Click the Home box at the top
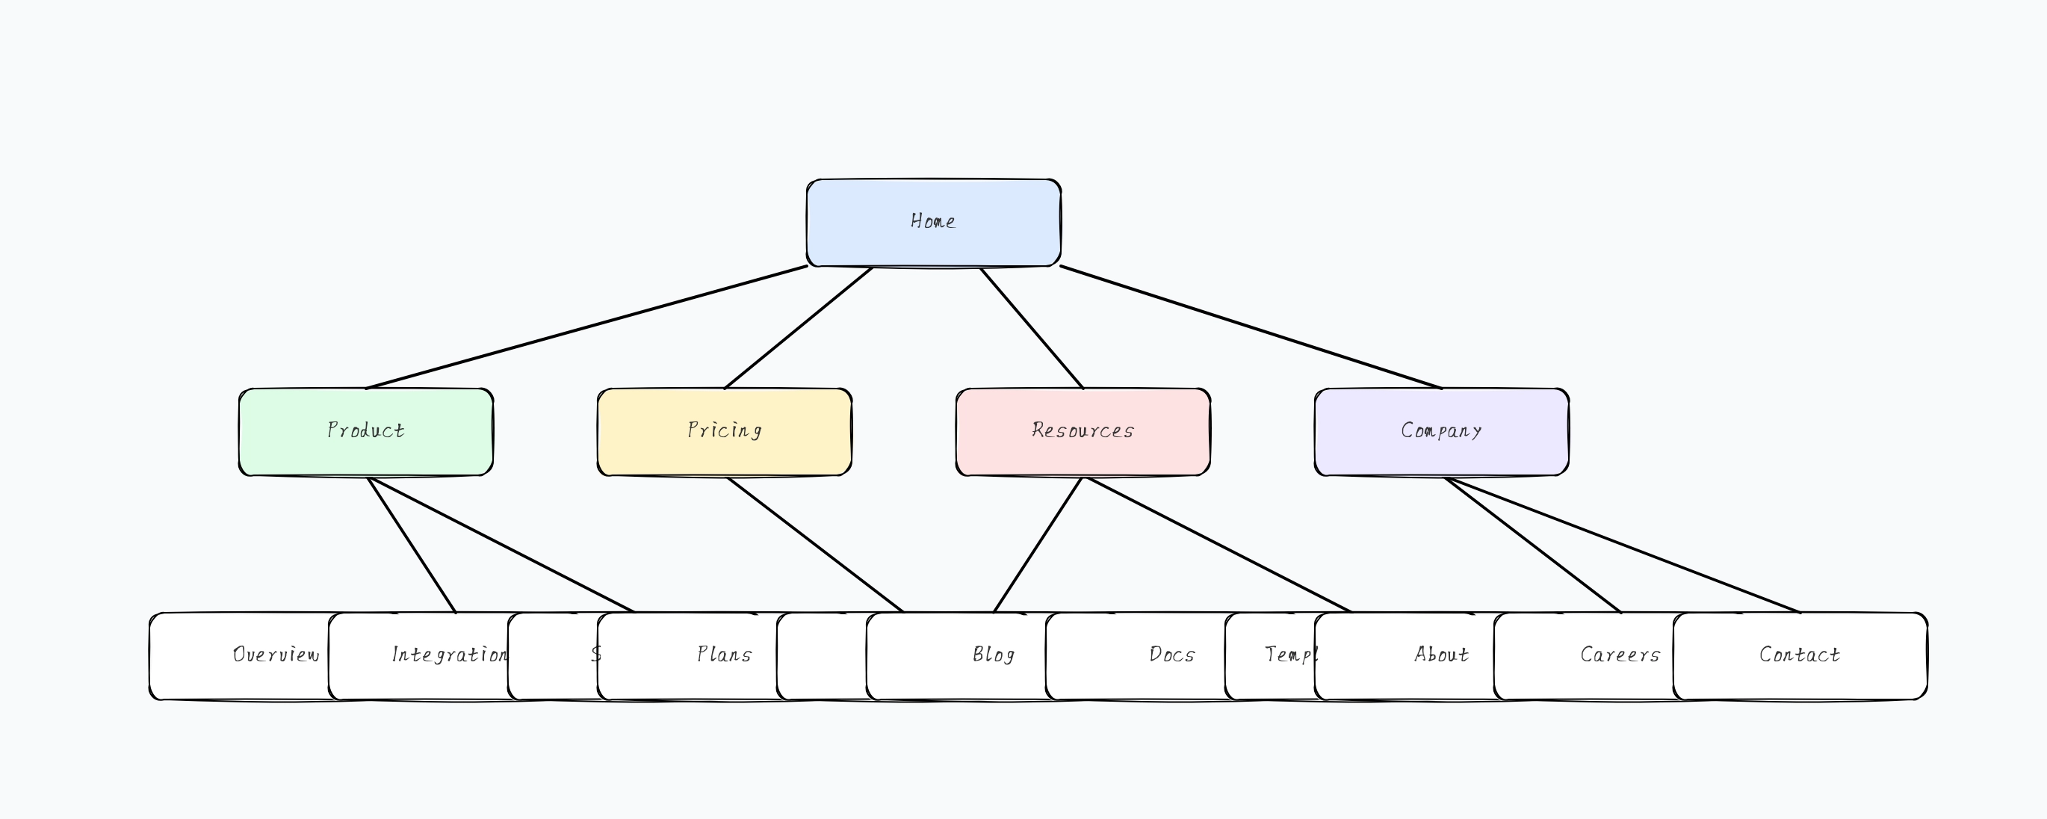click(x=933, y=222)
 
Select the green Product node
click(x=365, y=431)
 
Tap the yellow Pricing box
click(x=724, y=431)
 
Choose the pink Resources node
click(x=1083, y=431)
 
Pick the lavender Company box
click(x=1440, y=431)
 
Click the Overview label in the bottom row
click(x=275, y=655)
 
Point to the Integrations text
click(x=449, y=655)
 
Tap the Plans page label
click(x=724, y=655)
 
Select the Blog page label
click(x=994, y=655)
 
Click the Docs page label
click(x=1172, y=655)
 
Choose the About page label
click(x=1440, y=655)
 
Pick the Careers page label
click(x=1620, y=655)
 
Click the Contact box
click(x=1800, y=655)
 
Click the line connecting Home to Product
click(x=586, y=327)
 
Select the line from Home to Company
click(x=1251, y=327)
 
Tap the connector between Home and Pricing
click(x=798, y=328)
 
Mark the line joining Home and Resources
click(x=1032, y=328)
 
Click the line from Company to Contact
click(x=1621, y=545)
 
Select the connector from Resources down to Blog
click(x=1038, y=545)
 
